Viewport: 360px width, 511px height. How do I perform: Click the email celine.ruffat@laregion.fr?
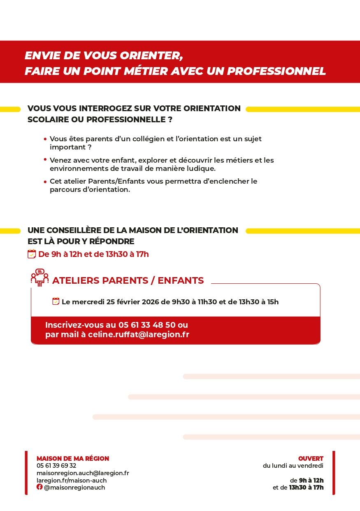[x=139, y=334]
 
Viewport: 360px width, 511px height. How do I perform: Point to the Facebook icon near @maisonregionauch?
[x=39, y=487]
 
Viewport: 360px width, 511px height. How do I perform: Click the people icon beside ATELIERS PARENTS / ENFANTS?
[x=39, y=278]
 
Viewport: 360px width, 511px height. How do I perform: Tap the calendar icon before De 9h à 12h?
[x=32, y=254]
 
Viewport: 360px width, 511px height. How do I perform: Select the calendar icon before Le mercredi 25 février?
[x=56, y=301]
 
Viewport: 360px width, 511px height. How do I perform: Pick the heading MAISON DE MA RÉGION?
[x=73, y=458]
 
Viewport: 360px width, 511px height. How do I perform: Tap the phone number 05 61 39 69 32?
[x=56, y=466]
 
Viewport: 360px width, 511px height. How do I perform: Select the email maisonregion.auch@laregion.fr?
[x=83, y=473]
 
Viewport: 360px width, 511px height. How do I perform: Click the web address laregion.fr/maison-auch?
[x=72, y=481]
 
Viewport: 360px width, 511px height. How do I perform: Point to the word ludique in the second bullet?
[x=201, y=168]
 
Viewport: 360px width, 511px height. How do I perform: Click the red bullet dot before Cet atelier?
[x=45, y=182]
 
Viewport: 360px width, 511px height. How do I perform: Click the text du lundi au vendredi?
[x=293, y=466]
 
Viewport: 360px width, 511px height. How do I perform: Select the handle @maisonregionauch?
[x=74, y=488]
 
